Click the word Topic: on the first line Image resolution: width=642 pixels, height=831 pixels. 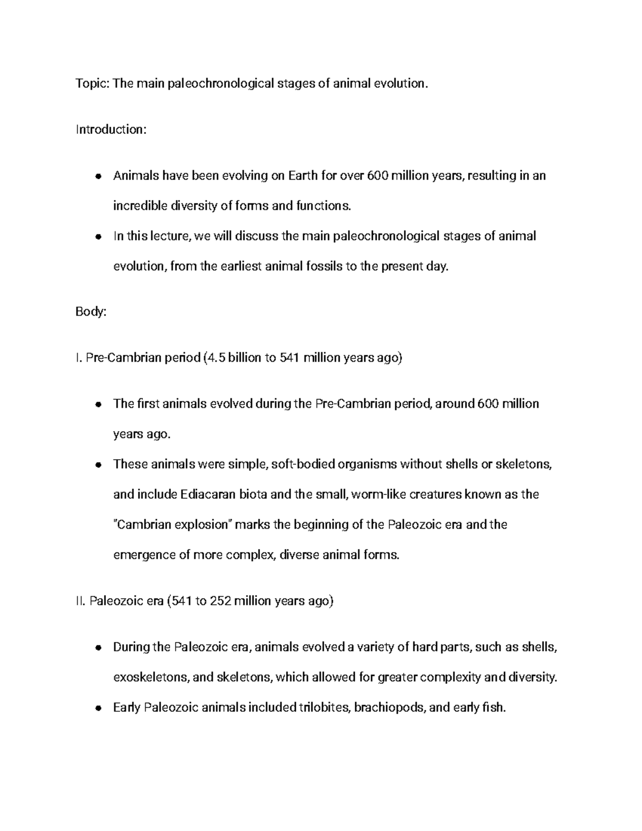point(91,83)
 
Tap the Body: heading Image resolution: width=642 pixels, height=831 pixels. point(91,312)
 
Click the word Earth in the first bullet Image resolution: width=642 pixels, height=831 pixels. point(303,176)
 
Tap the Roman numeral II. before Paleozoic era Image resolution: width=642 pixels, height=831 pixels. point(81,601)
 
